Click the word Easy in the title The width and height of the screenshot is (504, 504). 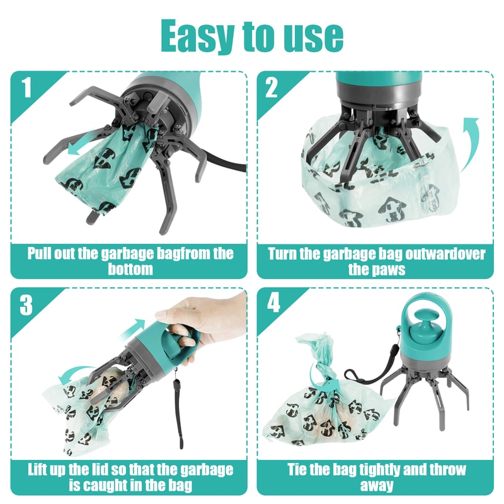coord(195,36)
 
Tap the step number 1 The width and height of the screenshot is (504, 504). coord(26,88)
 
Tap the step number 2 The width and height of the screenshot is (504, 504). coord(272,88)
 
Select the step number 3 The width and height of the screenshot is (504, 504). coord(26,305)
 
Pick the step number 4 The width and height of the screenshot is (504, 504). coord(273,305)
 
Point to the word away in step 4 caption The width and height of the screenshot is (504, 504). coord(377,485)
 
